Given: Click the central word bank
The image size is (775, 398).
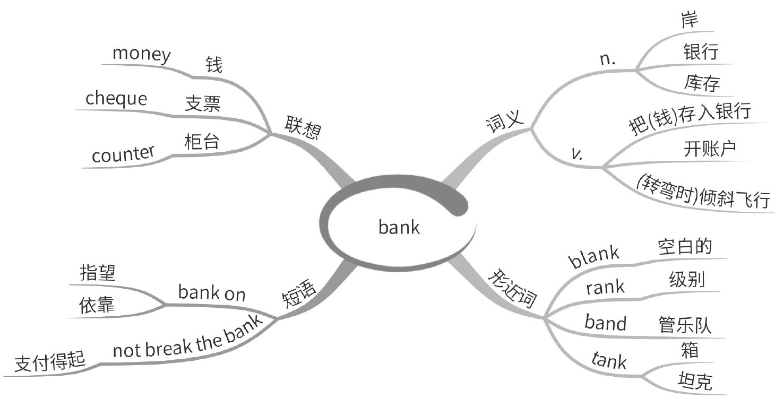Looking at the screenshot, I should pyautogui.click(x=399, y=228).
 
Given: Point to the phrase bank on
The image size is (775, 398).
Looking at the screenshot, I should pyautogui.click(x=212, y=293).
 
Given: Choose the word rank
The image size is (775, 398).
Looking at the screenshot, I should pyautogui.click(x=606, y=288).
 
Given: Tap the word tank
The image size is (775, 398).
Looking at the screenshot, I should pyautogui.click(x=608, y=361).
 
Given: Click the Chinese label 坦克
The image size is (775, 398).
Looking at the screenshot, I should pyautogui.click(x=695, y=381).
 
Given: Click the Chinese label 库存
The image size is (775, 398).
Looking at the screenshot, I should pyautogui.click(x=702, y=83).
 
